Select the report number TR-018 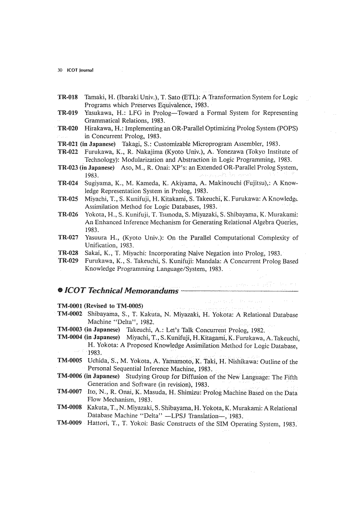pos(68,97)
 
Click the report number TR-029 pos(68,261)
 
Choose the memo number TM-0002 pos(70,314)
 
